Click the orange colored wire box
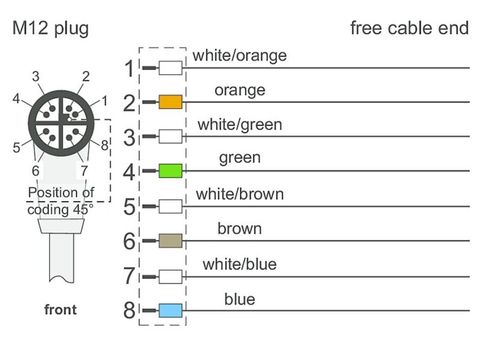[x=170, y=103]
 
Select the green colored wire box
[x=170, y=172]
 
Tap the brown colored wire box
[x=170, y=241]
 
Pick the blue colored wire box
[x=170, y=310]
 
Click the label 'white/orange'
[x=239, y=56]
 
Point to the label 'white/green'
[x=239, y=125]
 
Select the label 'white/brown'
[x=239, y=194]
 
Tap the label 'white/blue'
[x=239, y=263]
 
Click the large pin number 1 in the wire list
[x=130, y=69]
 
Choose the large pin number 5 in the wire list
[x=130, y=208]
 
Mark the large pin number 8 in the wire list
[x=130, y=311]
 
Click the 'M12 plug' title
[x=50, y=28]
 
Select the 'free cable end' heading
[x=409, y=28]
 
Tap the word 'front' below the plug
[x=61, y=310]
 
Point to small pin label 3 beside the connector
[x=36, y=76]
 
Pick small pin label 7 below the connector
[x=84, y=170]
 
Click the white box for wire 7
[x=170, y=276]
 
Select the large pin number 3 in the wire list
[x=130, y=138]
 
